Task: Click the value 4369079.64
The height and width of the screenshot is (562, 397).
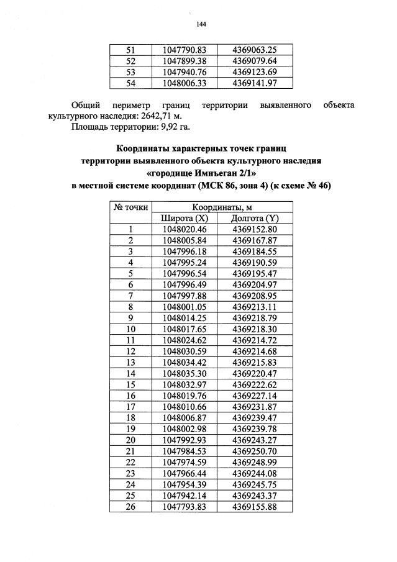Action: pyautogui.click(x=253, y=60)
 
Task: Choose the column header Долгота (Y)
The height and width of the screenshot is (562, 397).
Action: pyautogui.click(x=253, y=218)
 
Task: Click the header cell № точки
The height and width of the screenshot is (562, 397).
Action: pyautogui.click(x=130, y=207)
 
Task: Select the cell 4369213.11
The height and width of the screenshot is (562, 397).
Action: pyautogui.click(x=253, y=306)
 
